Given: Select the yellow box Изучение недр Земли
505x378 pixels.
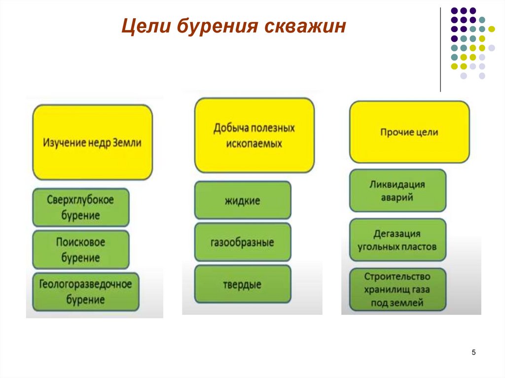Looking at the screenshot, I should pyautogui.click(x=93, y=143).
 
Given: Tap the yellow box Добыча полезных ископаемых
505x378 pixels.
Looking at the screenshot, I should pyautogui.click(x=254, y=136).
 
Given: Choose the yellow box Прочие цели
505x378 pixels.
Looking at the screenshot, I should pyautogui.click(x=409, y=132).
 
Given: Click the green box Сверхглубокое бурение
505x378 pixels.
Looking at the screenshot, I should pyautogui.click(x=81, y=207).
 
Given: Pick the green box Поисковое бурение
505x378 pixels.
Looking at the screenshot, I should pyautogui.click(x=81, y=250).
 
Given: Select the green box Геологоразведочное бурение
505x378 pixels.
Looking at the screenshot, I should pyautogui.click(x=86, y=292).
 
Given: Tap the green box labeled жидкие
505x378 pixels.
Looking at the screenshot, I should pyautogui.click(x=242, y=200).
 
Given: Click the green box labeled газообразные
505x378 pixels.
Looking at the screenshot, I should pyautogui.click(x=242, y=242).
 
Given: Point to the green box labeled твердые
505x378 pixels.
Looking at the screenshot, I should pyautogui.click(x=242, y=284).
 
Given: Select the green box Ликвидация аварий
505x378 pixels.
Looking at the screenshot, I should pyautogui.click(x=397, y=191).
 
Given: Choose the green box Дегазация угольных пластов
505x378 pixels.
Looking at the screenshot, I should pyautogui.click(x=397, y=240).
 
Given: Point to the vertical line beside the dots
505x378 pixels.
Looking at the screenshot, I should pyautogui.click(x=440, y=49).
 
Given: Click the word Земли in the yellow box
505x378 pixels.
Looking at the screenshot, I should pyautogui.click(x=127, y=143).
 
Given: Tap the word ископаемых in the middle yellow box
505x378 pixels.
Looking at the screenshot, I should pyautogui.click(x=254, y=144).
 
